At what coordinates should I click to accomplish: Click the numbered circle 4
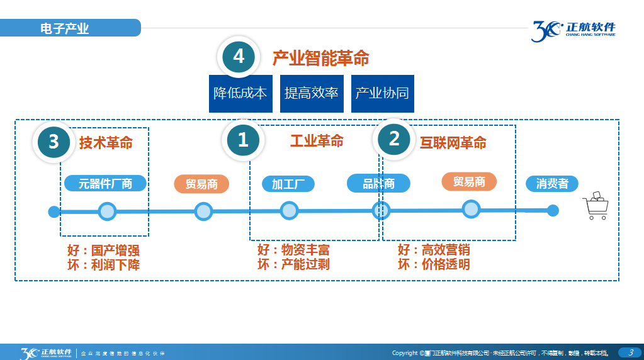(239, 57)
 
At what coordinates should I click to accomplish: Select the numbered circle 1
(243, 140)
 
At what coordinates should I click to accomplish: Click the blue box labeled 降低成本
(240, 94)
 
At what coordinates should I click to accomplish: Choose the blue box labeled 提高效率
(312, 94)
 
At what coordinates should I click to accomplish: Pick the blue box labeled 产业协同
(382, 94)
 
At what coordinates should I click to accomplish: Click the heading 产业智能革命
(320, 59)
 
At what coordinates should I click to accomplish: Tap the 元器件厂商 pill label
(105, 183)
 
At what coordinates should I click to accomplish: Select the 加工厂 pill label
(288, 184)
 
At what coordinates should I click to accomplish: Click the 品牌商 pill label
(378, 183)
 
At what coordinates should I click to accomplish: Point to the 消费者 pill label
(552, 183)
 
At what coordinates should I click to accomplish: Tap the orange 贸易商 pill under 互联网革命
(469, 182)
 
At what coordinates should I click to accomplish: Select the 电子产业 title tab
(65, 28)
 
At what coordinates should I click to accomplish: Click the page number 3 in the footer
(630, 352)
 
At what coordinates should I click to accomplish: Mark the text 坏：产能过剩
(293, 264)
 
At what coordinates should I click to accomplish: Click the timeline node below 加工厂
(289, 211)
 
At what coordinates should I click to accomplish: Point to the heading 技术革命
(106, 143)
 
